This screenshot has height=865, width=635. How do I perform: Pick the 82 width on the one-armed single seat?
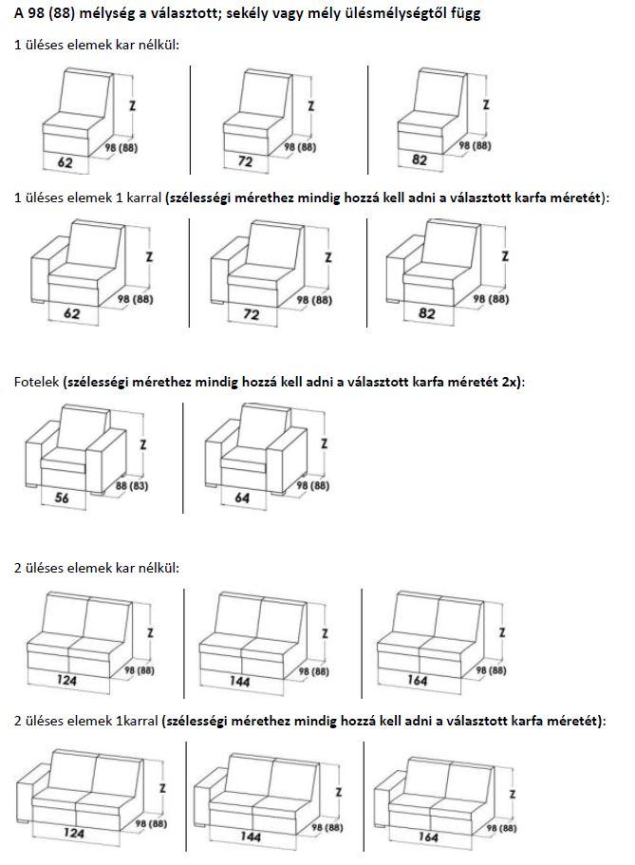click(x=428, y=312)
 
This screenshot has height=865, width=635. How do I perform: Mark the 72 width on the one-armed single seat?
click(x=251, y=314)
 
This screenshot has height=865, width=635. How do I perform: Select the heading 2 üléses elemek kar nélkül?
click(x=97, y=567)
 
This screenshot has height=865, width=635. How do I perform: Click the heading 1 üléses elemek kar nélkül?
click(x=97, y=45)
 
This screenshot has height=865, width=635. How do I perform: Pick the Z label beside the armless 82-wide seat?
click(x=486, y=104)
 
